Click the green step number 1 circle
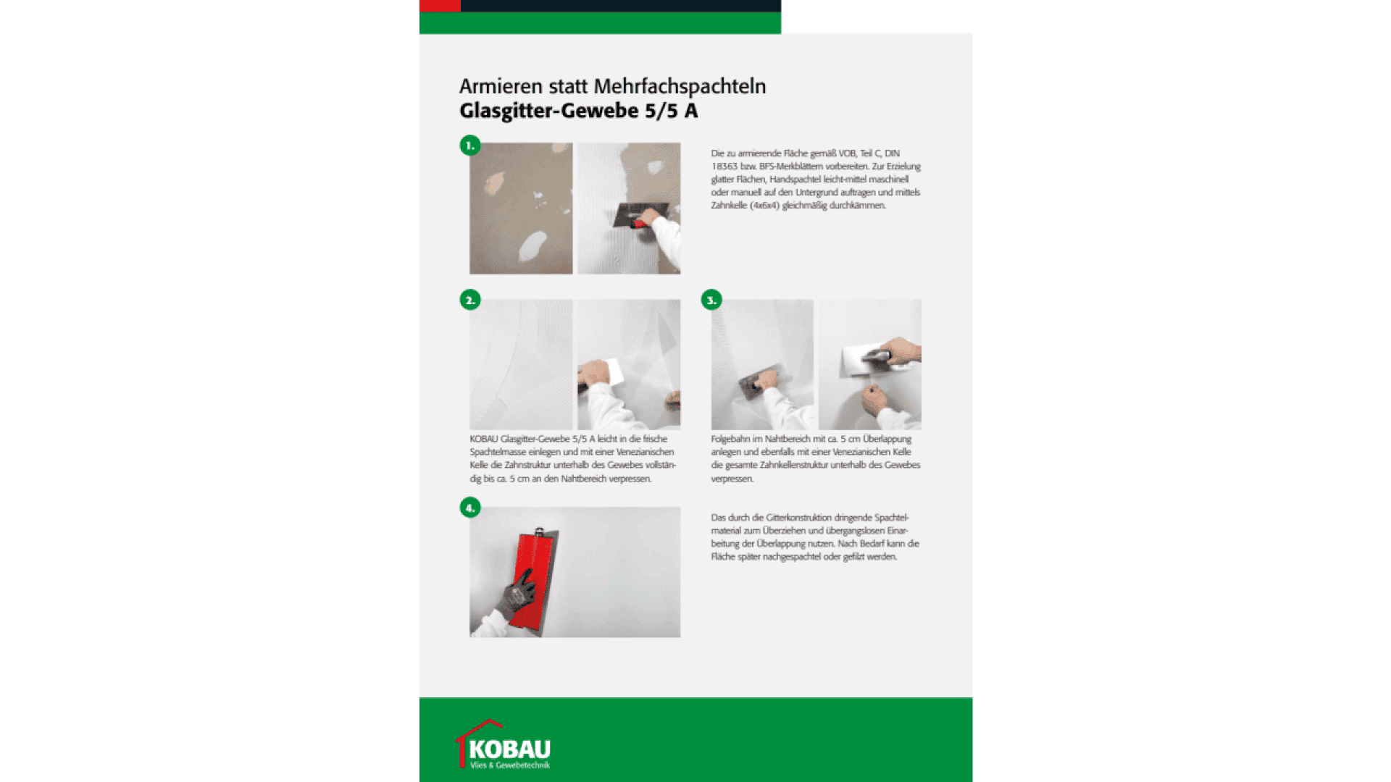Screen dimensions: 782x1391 click(470, 146)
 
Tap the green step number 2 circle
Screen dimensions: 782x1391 click(470, 300)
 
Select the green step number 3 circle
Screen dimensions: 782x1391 click(711, 300)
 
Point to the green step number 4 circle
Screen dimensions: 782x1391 click(470, 508)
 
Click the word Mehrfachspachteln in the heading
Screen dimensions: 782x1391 click(680, 86)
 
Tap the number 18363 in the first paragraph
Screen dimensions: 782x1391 click(724, 167)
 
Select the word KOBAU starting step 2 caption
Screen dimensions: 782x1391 click(483, 439)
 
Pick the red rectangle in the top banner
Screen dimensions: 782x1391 click(440, 6)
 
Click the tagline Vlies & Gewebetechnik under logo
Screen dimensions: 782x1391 click(510, 765)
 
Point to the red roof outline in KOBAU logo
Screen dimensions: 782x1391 click(478, 728)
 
